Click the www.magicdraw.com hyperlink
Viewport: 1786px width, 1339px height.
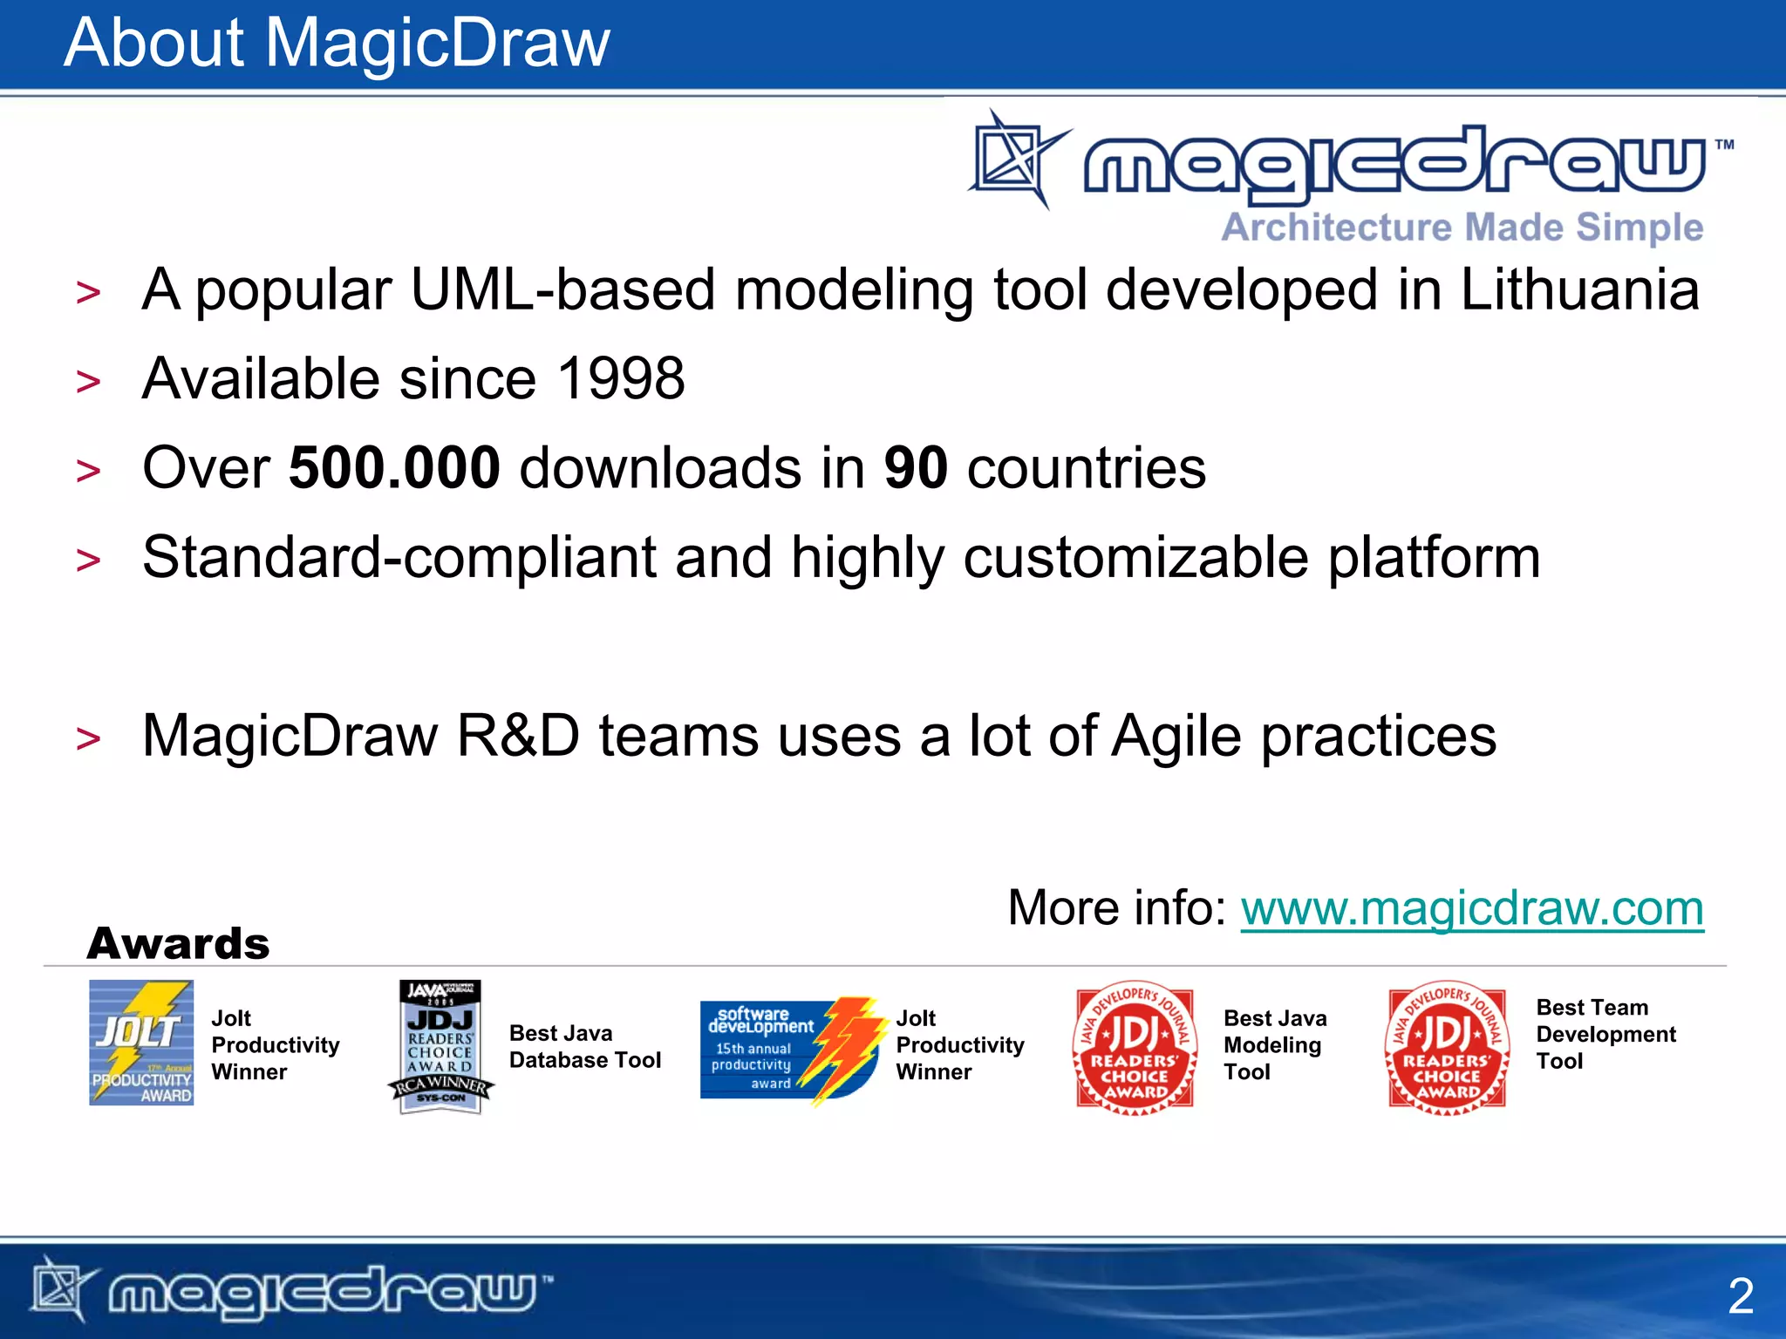pos(1471,908)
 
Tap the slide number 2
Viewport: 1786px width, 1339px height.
pos(1740,1296)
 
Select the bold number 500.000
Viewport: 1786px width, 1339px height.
pos(394,468)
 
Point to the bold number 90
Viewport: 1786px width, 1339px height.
pos(915,468)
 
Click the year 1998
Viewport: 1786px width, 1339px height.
pos(620,379)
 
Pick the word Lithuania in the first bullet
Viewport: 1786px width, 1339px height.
pos(1578,289)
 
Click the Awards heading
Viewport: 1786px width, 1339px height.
pos(179,944)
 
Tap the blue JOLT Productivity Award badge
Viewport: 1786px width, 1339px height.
pos(141,1043)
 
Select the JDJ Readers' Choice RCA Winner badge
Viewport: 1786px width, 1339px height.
pos(441,1047)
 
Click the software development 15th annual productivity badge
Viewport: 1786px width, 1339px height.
pos(789,1049)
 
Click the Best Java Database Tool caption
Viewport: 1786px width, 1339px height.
pos(584,1047)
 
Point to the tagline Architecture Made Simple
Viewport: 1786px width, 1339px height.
pos(1462,228)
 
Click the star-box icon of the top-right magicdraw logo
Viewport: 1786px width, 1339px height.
pos(1016,160)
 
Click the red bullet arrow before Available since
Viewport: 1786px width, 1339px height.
pos(88,382)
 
